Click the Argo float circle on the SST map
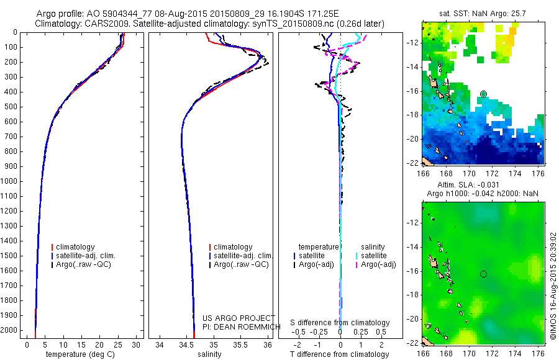[483, 94]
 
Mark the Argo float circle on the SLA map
[483, 274]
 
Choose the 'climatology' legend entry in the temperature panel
[78, 247]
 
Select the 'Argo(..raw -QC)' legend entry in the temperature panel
[84, 264]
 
